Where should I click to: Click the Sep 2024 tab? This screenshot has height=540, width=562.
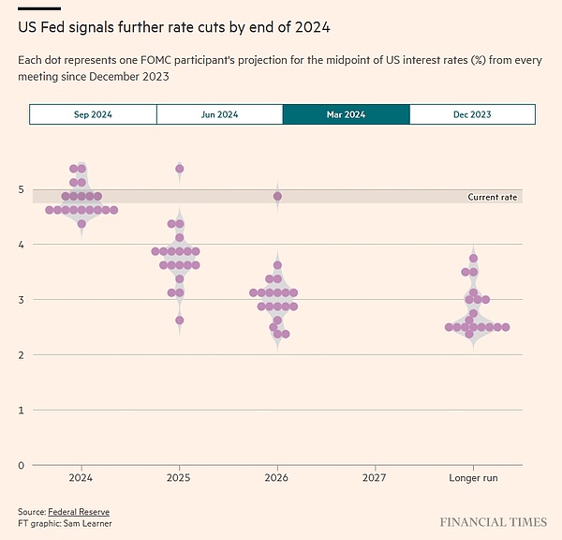93,114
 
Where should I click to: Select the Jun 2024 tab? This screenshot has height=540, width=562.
219,114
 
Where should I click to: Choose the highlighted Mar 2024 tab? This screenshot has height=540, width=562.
346,114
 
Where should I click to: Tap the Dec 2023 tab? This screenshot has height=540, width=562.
472,114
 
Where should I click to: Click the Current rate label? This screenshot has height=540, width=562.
493,197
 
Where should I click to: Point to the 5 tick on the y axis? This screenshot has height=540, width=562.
22,189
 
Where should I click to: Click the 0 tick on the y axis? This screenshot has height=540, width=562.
22,465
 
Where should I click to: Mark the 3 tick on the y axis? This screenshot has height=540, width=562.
22,300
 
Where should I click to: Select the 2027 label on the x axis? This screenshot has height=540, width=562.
375,477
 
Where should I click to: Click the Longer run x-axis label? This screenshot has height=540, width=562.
473,477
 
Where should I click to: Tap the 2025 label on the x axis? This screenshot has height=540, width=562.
179,477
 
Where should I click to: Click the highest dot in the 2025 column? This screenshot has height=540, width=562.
179,169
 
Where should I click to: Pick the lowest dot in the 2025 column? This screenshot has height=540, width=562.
179,321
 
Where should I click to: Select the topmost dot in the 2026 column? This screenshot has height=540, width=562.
277,197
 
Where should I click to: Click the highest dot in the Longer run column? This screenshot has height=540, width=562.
473,258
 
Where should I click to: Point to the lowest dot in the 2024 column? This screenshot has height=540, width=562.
81,224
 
